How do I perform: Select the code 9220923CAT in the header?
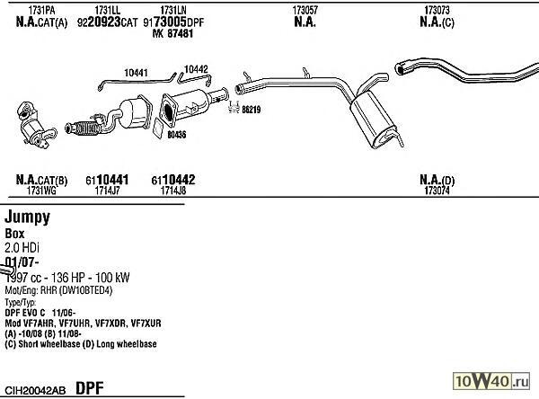108,22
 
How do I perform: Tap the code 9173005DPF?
180,22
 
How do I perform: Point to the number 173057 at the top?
305,9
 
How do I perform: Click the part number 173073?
437,9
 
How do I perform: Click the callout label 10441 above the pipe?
137,72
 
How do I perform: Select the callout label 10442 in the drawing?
195,67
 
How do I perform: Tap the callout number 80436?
176,135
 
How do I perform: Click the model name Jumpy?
27,217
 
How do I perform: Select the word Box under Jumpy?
15,233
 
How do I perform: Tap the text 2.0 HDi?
23,246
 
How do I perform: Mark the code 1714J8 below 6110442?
173,191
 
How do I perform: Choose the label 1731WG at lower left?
41,191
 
